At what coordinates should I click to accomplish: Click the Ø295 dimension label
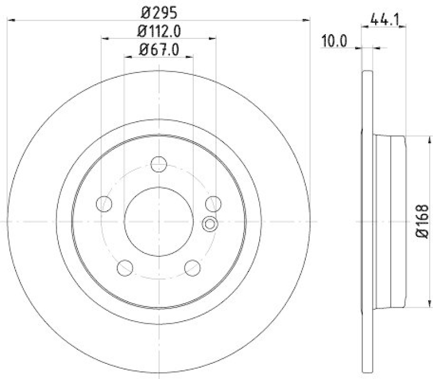159,11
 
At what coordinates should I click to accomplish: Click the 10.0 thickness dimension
334,42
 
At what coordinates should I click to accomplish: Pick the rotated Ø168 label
423,221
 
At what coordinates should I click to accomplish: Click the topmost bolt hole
159,164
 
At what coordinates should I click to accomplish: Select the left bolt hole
103,203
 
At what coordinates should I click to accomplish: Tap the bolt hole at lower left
125,267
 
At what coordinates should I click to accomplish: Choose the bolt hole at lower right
193,267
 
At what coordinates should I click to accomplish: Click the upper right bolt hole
214,203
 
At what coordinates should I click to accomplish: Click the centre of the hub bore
159,221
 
